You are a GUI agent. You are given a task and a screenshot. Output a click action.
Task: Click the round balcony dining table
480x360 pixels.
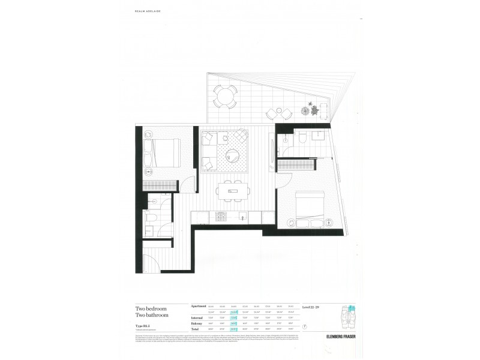(x=226, y=95)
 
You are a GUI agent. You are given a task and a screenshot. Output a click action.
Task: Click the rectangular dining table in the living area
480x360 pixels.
(x=230, y=191)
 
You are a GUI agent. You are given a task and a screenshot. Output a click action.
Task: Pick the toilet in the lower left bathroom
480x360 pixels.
(x=153, y=218)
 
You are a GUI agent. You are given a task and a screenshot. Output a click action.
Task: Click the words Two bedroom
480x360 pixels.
(x=152, y=308)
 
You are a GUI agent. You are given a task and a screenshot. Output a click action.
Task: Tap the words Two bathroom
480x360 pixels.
(x=152, y=315)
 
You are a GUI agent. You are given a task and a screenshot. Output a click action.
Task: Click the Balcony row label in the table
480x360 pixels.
(x=198, y=323)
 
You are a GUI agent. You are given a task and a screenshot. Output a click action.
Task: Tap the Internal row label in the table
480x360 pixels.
(x=198, y=318)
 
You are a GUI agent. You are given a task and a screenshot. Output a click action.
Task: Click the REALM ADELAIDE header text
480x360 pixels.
(x=144, y=11)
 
